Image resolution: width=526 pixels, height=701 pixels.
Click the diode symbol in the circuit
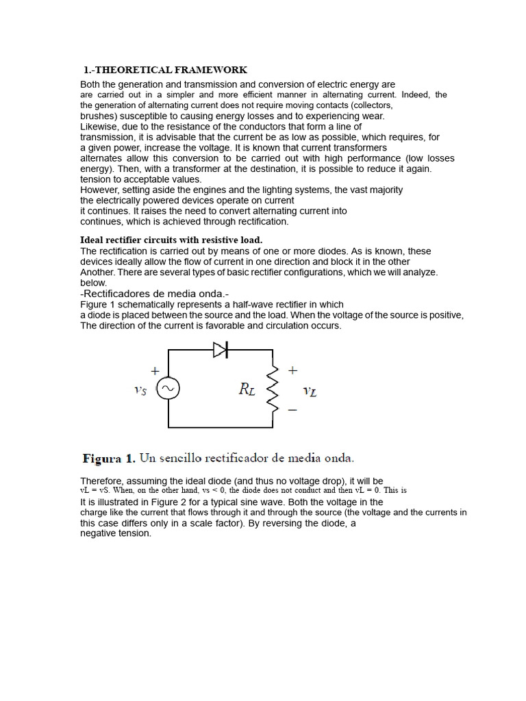click(x=220, y=350)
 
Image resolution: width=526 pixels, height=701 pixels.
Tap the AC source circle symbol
click(x=168, y=390)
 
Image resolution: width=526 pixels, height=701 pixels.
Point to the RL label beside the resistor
click(x=247, y=390)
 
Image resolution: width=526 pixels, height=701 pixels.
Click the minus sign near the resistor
click(x=292, y=410)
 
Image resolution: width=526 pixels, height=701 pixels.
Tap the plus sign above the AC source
click(x=155, y=370)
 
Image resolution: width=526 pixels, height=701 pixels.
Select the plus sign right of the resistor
click(x=293, y=370)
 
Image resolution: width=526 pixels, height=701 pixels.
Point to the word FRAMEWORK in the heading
click(x=216, y=70)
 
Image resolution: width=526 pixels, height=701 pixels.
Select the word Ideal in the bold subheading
click(x=92, y=240)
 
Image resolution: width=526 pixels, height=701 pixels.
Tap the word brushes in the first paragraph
click(x=99, y=116)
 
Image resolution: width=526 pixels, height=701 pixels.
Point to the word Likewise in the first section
click(x=99, y=127)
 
